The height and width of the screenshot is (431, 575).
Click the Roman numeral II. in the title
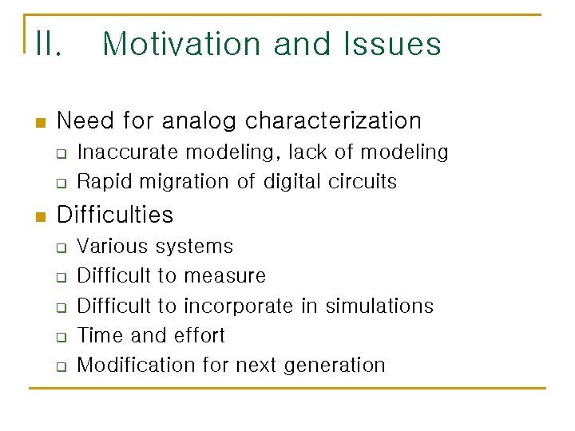click(x=48, y=44)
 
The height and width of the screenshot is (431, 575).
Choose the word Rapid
click(x=101, y=181)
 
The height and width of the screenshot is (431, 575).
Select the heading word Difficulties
click(x=115, y=215)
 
